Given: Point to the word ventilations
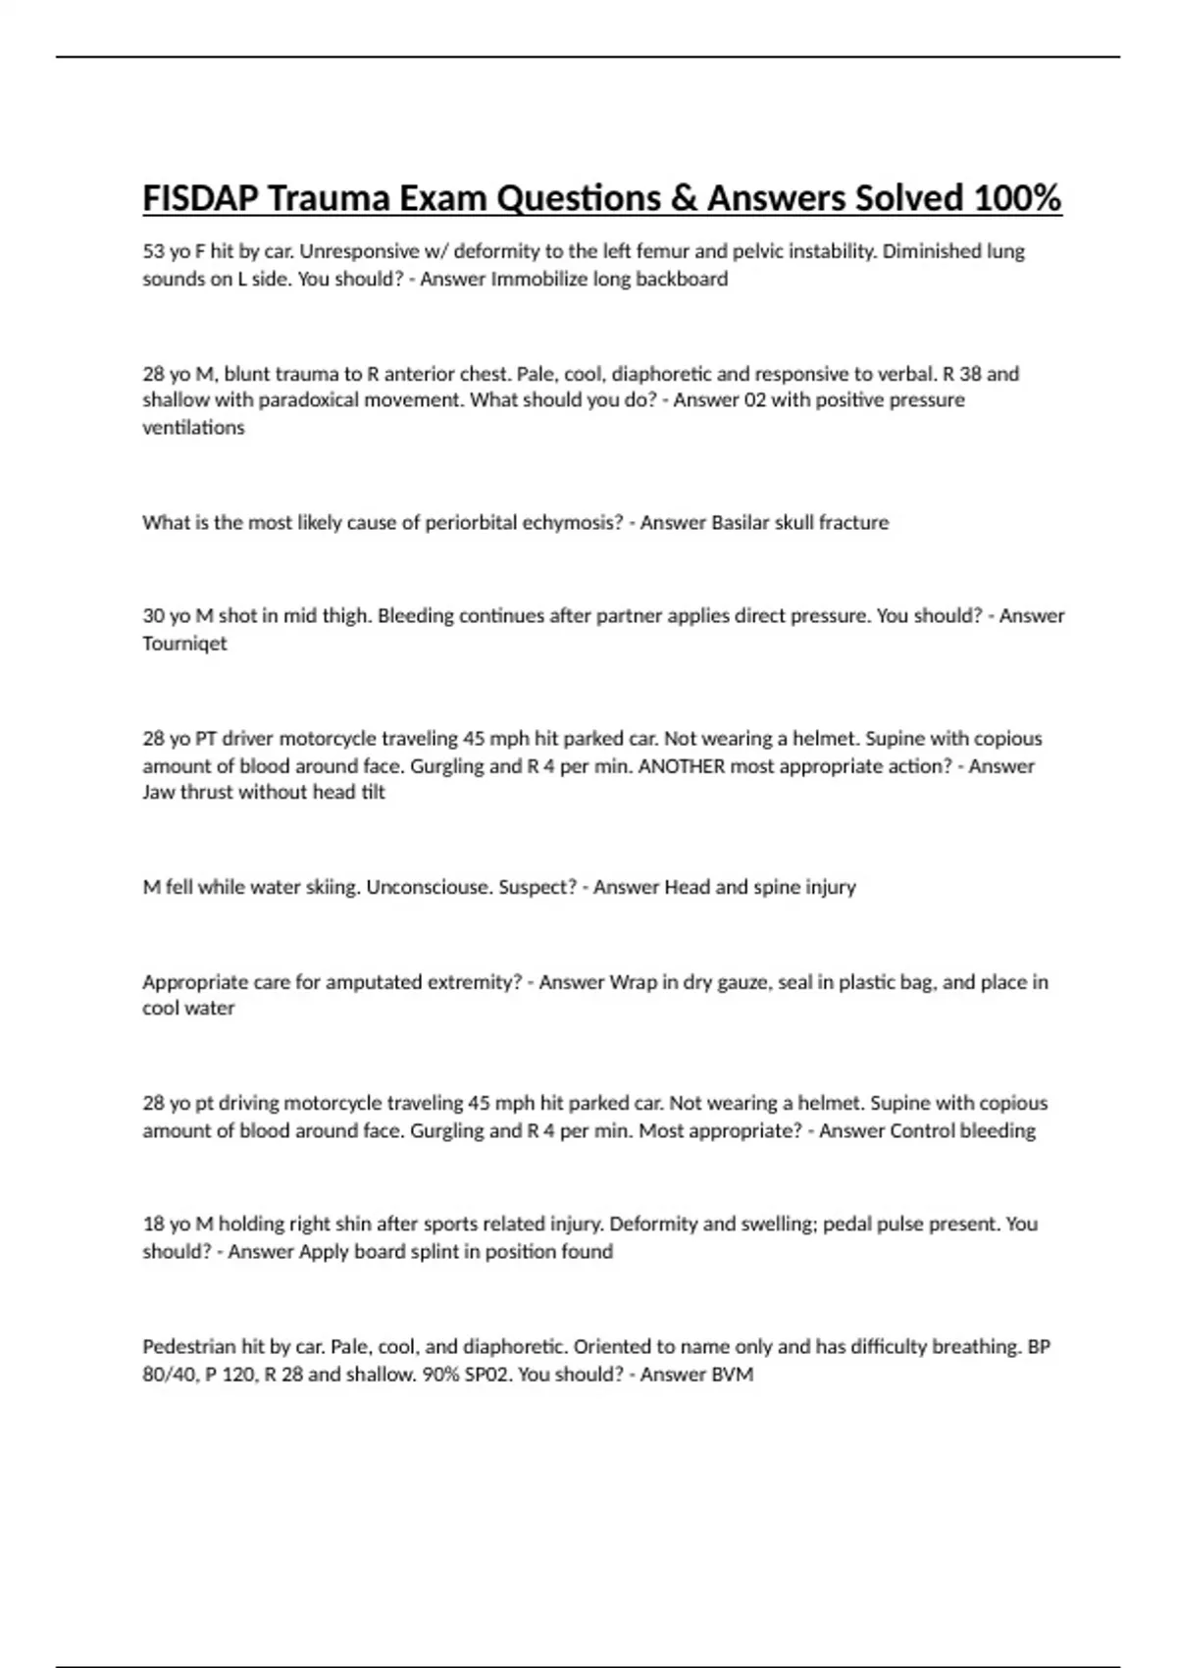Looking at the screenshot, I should click(x=193, y=428).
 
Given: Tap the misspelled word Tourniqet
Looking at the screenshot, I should click(x=184, y=644).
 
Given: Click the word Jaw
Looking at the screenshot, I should click(x=158, y=793).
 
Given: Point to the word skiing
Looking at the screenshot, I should click(x=333, y=887).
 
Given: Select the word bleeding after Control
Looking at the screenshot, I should click(x=997, y=1131).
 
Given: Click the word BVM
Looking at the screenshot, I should click(x=733, y=1375).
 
